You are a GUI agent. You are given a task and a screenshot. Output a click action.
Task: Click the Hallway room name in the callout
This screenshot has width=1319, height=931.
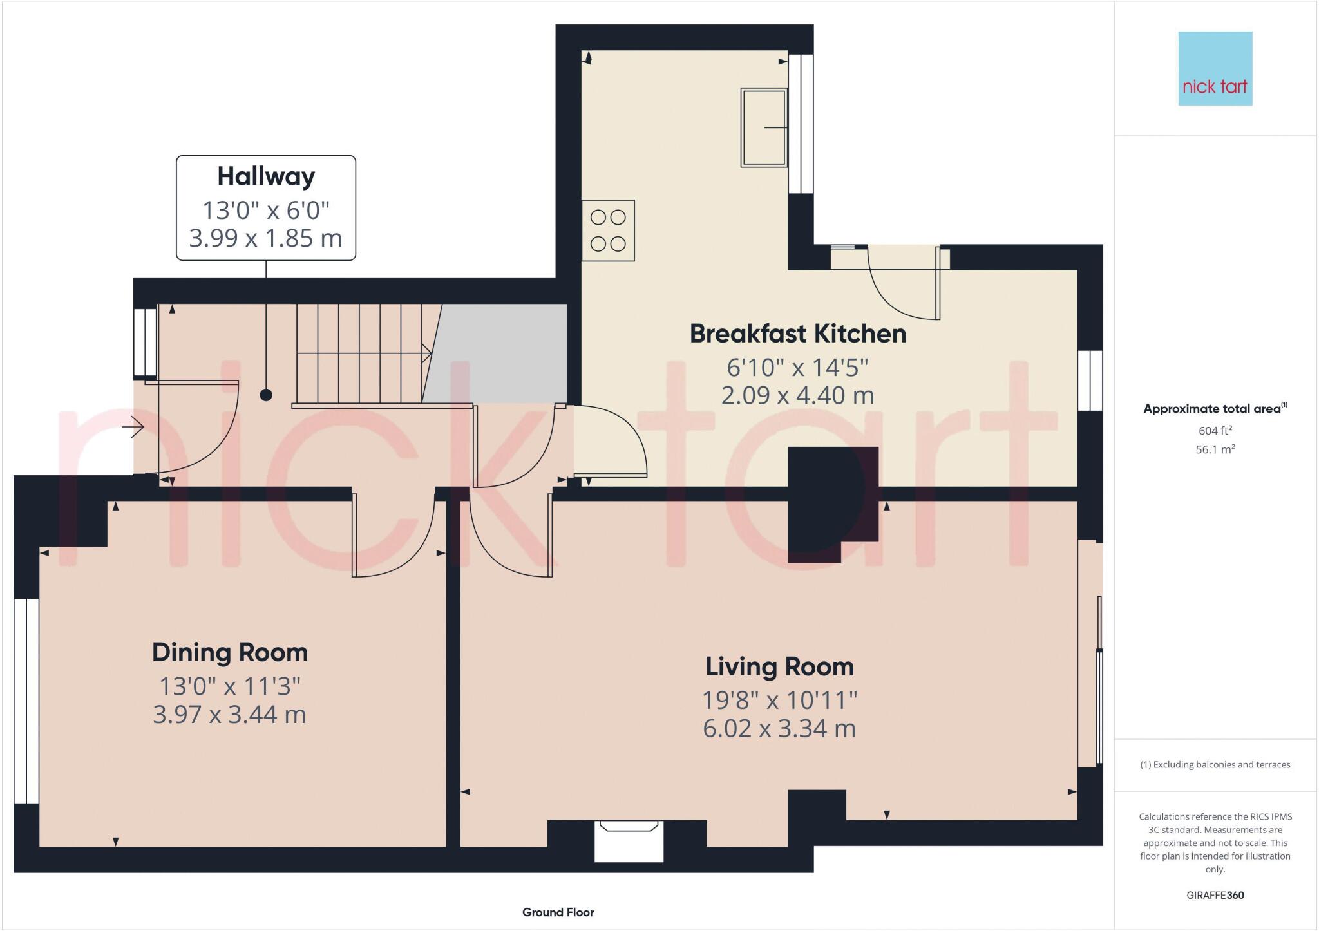266,176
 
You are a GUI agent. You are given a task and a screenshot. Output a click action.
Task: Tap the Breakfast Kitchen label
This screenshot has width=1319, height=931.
797,334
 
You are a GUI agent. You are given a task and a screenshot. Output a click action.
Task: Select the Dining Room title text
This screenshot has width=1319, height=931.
230,652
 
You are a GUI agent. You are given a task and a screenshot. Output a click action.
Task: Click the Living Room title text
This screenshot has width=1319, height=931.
779,666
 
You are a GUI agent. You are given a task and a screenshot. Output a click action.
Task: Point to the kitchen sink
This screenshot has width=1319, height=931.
764,127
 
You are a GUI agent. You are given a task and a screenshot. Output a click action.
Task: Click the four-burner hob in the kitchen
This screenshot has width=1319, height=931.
608,230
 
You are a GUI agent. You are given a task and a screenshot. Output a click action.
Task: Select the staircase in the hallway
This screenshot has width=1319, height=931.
361,353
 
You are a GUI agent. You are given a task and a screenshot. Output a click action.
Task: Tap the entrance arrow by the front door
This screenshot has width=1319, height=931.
137,427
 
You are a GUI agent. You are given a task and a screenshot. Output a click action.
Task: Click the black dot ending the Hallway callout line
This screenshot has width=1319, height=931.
266,395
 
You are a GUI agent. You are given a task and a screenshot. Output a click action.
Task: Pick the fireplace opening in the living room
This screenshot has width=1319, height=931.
629,841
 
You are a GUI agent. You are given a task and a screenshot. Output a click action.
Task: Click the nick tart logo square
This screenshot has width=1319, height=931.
1215,69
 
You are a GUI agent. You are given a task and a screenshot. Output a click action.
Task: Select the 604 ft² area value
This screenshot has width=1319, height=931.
1215,431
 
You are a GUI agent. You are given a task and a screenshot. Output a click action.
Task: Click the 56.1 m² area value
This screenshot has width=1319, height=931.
1215,449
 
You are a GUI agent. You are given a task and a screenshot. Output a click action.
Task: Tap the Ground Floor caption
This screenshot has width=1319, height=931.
558,912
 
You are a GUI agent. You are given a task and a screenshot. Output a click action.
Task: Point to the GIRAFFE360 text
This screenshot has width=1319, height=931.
1215,895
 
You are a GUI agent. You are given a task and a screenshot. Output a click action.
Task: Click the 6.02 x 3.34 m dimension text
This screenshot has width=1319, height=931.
779,729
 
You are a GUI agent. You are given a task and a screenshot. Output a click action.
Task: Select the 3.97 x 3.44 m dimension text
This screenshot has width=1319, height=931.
229,715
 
